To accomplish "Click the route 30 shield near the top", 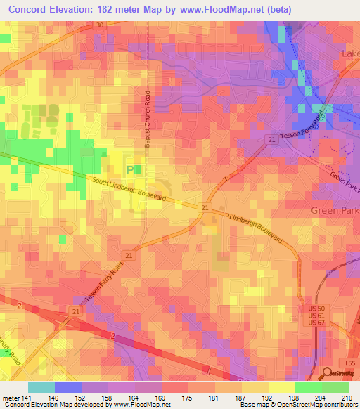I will click(99, 25).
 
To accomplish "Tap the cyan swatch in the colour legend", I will click(41, 387).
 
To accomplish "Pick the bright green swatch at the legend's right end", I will click(335, 387).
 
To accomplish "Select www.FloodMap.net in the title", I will click(212, 8).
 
